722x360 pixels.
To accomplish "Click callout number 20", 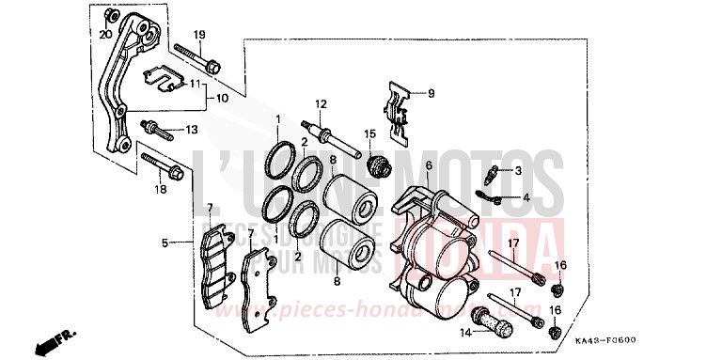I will click(105, 34).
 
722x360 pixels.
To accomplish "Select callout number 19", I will click(200, 35).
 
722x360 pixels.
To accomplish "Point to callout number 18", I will click(161, 190).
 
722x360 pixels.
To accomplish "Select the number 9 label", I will click(432, 93).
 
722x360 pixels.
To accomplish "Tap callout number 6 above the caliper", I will click(428, 165).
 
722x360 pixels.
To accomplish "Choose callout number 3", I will click(517, 171).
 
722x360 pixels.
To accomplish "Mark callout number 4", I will click(526, 197).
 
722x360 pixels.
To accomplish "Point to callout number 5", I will click(165, 243).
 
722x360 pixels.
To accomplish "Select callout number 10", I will click(222, 98).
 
